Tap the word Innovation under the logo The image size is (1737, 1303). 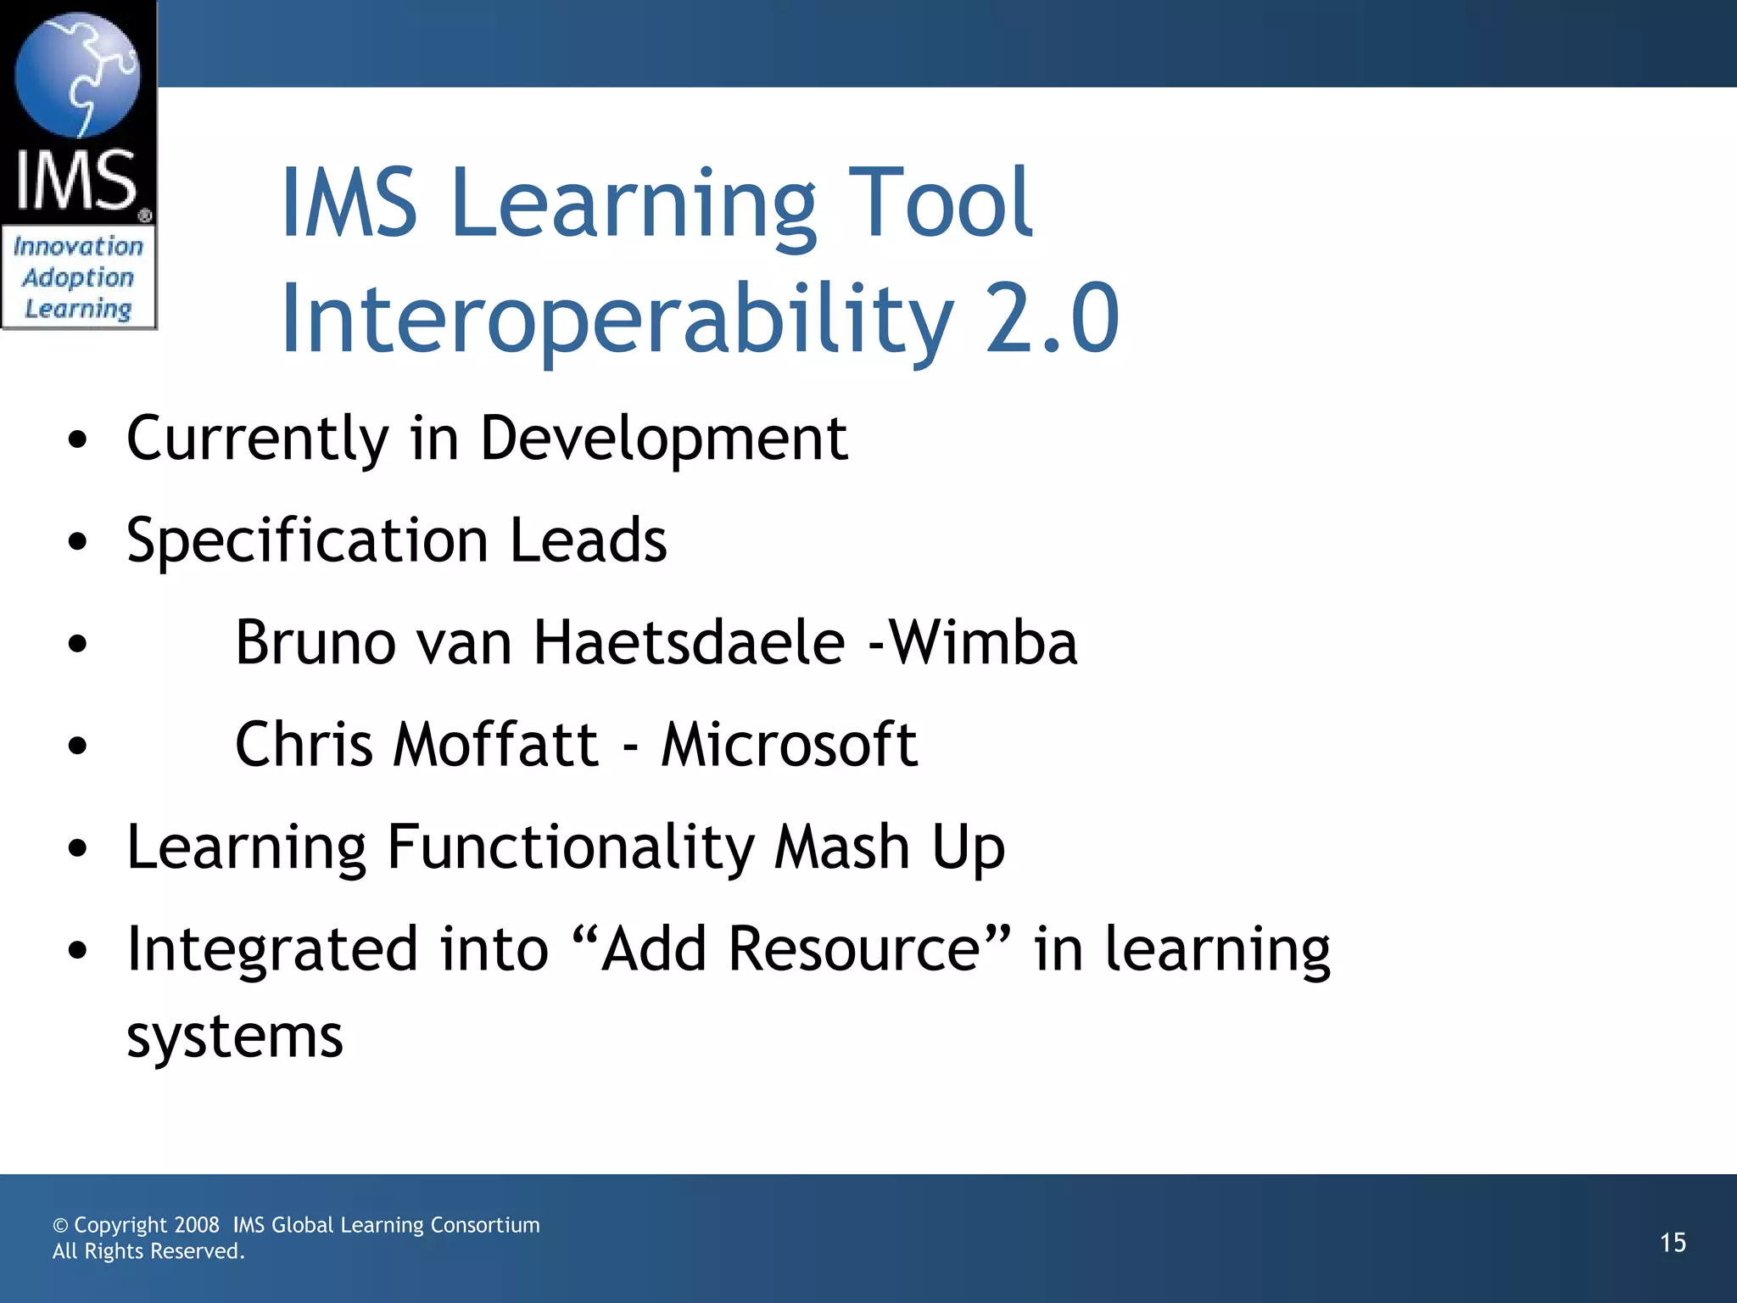click(78, 246)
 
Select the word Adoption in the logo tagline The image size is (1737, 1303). click(78, 277)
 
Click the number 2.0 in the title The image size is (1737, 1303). click(1052, 318)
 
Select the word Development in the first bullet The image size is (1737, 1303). click(663, 439)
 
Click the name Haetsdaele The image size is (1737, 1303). click(689, 642)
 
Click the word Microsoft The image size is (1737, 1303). click(789, 744)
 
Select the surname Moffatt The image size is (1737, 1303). click(496, 744)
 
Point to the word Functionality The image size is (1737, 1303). click(570, 847)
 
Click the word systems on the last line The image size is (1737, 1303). click(235, 1037)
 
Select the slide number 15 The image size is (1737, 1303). click(1673, 1243)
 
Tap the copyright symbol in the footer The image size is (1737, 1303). click(60, 1226)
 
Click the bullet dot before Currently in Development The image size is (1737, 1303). click(77, 440)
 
